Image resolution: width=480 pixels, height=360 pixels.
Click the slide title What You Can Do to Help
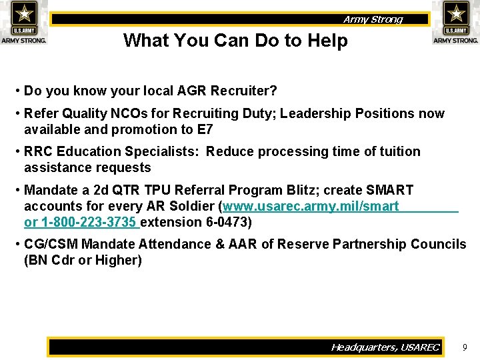[x=235, y=41]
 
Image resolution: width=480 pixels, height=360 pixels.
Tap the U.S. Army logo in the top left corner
[x=24, y=22]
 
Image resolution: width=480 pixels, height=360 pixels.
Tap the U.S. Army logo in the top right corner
[x=456, y=22]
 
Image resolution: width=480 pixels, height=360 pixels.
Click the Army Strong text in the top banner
[x=373, y=19]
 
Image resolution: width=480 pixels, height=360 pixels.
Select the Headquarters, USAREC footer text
[x=385, y=347]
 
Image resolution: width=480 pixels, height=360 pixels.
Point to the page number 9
[x=465, y=347]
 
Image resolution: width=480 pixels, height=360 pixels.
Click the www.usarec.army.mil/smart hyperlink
[x=311, y=207]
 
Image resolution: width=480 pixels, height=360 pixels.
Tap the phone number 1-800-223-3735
[x=89, y=222]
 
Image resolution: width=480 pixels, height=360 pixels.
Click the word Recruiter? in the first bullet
[x=247, y=91]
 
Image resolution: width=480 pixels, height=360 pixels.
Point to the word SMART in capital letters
[x=390, y=191]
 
